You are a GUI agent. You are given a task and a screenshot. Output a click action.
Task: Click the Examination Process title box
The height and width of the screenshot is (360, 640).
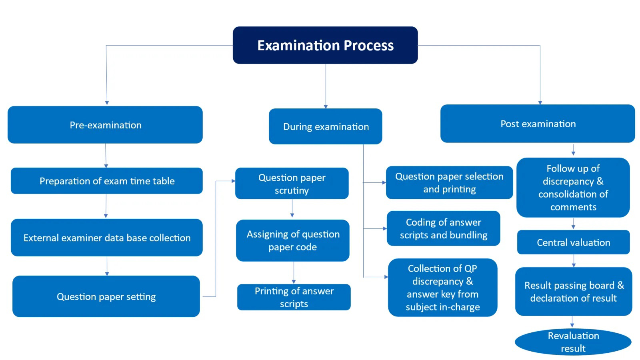[x=325, y=45]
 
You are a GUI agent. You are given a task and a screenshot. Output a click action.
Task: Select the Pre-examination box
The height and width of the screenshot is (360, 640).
[x=105, y=125]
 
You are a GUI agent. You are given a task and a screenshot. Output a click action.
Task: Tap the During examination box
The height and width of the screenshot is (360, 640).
[x=325, y=126]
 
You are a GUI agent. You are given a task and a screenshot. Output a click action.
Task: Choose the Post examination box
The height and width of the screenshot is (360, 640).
[x=538, y=124]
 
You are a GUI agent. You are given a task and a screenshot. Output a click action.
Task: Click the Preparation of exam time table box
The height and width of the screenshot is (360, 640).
[x=107, y=181]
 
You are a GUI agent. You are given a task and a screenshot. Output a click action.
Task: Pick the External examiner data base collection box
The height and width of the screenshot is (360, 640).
[x=107, y=238]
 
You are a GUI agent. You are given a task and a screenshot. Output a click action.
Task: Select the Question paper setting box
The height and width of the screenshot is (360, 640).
[x=106, y=296]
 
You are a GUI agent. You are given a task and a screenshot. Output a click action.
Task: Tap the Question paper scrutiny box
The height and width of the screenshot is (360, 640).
[x=292, y=184]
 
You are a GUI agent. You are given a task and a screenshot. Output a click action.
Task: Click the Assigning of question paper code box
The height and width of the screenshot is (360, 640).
[x=292, y=240]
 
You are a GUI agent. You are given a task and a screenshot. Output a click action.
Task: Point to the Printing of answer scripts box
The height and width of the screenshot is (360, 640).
[x=294, y=297]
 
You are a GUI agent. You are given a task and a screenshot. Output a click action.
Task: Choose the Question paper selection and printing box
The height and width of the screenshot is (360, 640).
[x=449, y=182]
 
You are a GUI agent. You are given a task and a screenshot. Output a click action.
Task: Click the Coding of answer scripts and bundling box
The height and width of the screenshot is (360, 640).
[x=443, y=228]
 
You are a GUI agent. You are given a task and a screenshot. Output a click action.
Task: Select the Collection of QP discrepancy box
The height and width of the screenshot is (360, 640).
[x=442, y=288]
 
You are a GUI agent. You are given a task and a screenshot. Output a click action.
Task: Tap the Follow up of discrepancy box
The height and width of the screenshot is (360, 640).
[x=573, y=188]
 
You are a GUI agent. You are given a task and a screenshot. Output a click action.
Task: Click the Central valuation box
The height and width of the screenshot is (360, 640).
[x=573, y=242]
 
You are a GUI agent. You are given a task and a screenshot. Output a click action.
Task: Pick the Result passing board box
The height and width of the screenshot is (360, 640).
[x=574, y=292]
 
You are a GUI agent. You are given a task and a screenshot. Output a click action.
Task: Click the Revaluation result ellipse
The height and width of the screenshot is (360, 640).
[x=573, y=342]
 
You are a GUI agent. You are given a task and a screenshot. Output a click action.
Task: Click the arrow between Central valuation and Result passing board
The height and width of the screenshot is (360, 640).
[x=573, y=261]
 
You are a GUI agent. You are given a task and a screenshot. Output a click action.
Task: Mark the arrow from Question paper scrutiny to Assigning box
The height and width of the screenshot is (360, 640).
[x=292, y=209]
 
